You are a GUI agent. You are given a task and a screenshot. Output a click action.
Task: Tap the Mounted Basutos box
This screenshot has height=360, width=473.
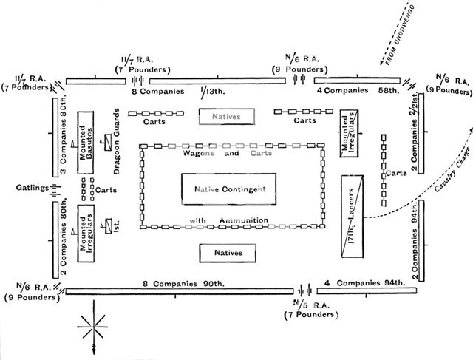pyautogui.click(x=86, y=143)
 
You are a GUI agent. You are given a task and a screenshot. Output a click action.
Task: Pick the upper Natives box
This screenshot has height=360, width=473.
pyautogui.click(x=227, y=115)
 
